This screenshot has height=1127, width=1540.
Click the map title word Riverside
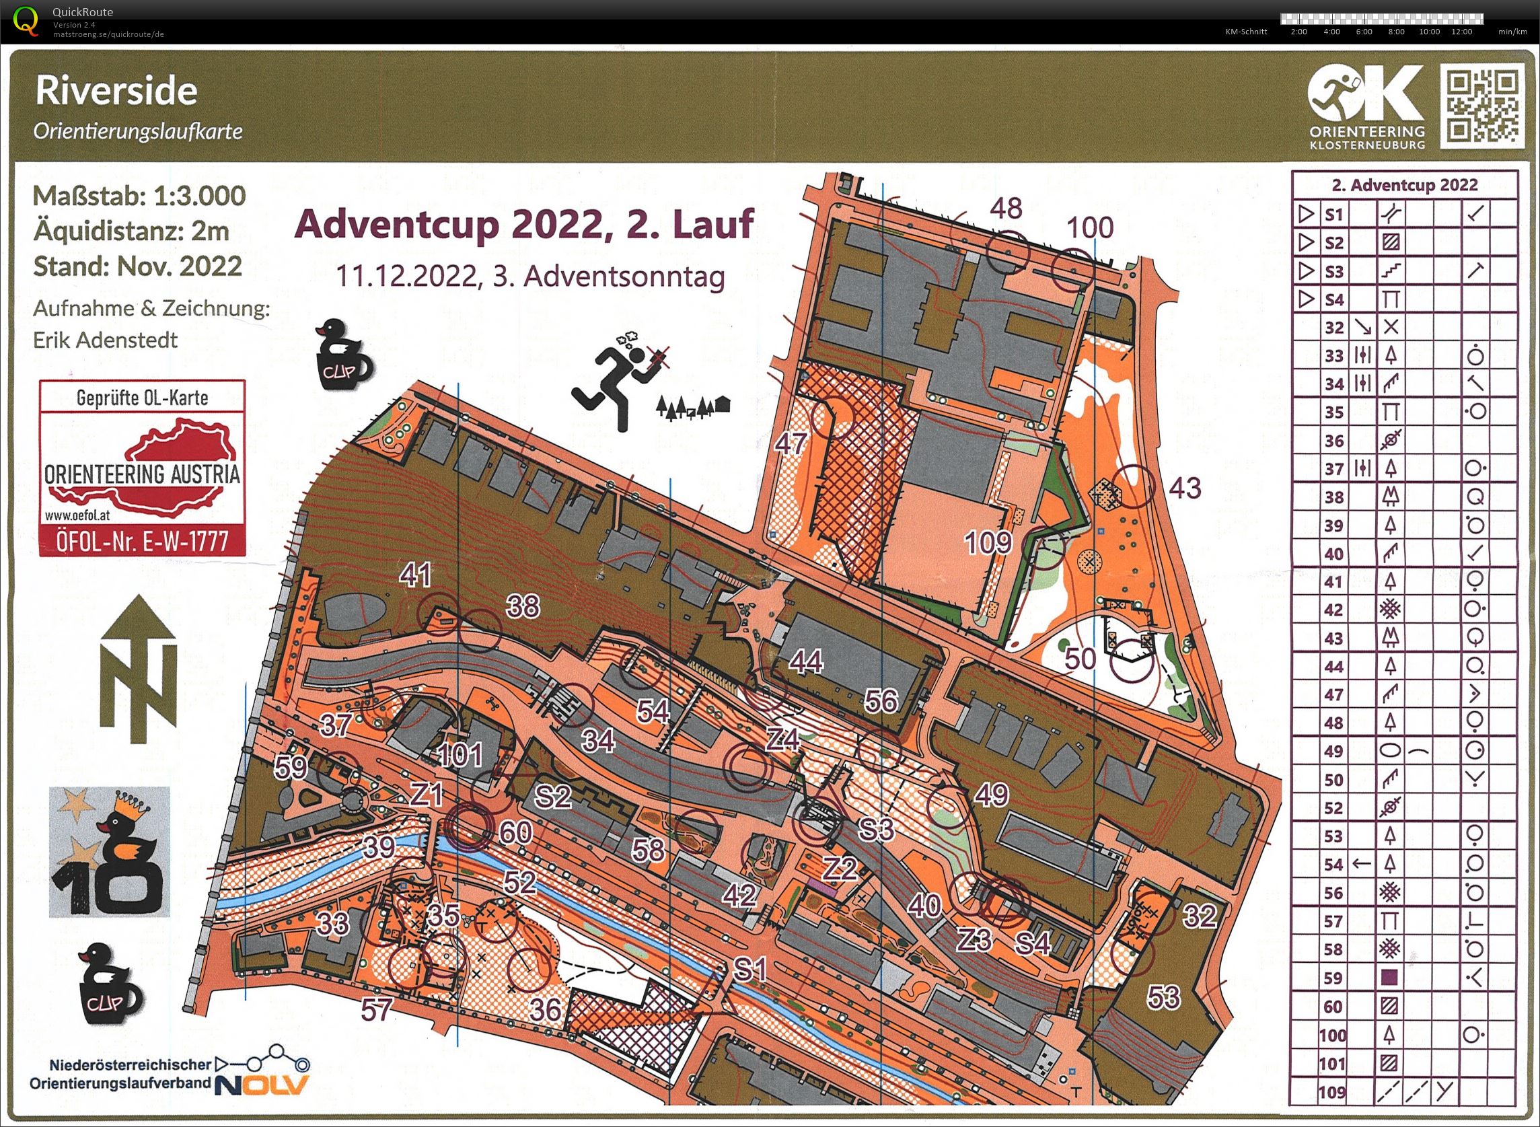pos(116,92)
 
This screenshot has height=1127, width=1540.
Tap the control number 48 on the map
pos(1006,208)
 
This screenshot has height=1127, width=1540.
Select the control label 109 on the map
pos(988,543)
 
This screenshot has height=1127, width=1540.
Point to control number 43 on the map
pos(1185,487)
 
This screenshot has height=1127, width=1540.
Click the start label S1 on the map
pos(750,970)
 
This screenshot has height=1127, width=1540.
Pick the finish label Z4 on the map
pos(782,739)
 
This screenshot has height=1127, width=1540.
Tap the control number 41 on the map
pos(415,575)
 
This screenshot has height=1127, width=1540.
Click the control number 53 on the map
pos(1163,996)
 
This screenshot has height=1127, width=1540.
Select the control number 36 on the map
pos(545,1010)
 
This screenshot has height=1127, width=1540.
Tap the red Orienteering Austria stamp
pos(142,468)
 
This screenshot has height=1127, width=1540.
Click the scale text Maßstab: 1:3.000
pos(139,196)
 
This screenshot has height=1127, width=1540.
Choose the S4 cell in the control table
pos(1334,299)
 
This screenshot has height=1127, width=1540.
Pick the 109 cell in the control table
pos(1332,1091)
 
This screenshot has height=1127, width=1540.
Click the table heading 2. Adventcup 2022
pos(1404,185)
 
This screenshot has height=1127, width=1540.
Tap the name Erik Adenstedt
pos(106,340)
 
